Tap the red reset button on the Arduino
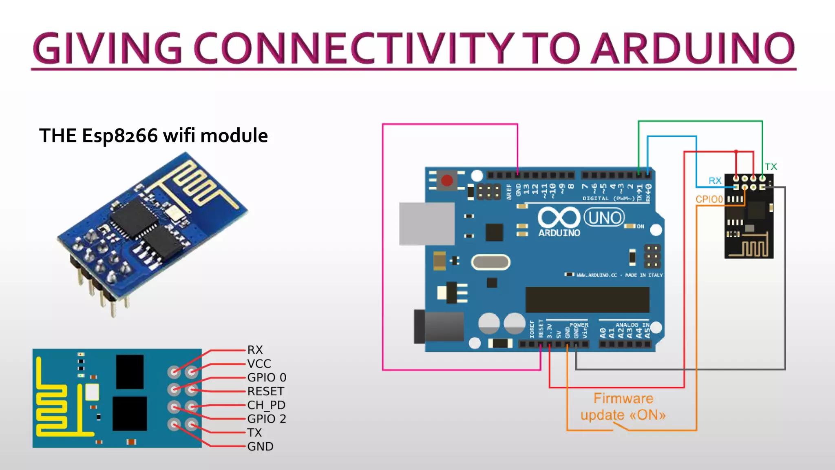tap(447, 180)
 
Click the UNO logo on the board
tap(605, 217)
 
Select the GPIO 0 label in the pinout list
tap(267, 377)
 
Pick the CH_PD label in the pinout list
tap(266, 405)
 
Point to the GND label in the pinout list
tap(260, 446)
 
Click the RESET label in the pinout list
tap(265, 391)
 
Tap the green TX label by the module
tap(771, 166)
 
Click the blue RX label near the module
tap(715, 181)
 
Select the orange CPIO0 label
tap(709, 199)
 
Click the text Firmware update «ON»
tap(623, 407)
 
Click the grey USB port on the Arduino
tap(426, 224)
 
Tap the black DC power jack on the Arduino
tap(440, 326)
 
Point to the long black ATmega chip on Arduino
tap(587, 299)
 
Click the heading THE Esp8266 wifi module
tap(153, 135)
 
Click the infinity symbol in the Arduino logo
tap(559, 217)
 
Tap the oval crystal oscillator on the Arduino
tap(490, 262)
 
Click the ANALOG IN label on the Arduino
tap(632, 325)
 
